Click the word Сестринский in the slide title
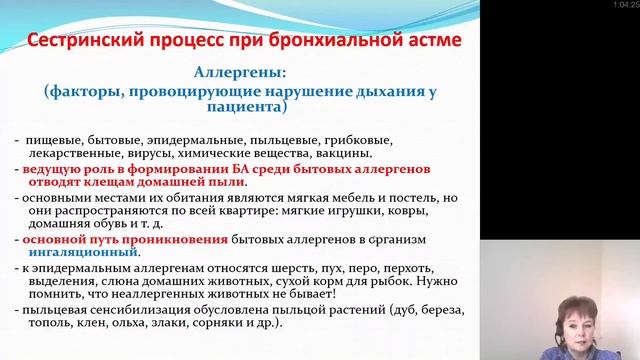[x=90, y=45]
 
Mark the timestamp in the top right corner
[x=624, y=6]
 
